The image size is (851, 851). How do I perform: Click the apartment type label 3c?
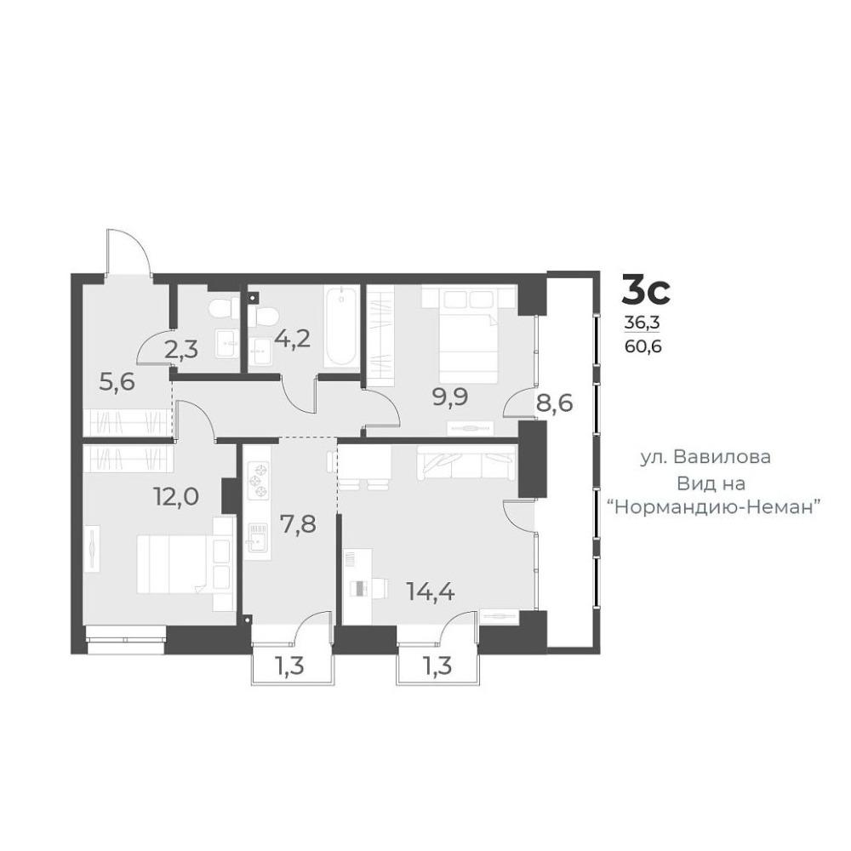coord(646,290)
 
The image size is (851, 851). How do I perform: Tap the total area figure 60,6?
coord(643,346)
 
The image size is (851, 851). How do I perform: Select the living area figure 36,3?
coord(642,323)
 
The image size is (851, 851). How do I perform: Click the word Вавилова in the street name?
coord(722,457)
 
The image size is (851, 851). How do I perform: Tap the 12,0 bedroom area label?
coord(176,497)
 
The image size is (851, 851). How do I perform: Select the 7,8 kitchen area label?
coord(298,524)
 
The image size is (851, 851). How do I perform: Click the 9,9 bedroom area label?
coord(450,397)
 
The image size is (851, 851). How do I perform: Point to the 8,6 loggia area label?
coord(555,403)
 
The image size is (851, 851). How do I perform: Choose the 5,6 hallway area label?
coord(117,383)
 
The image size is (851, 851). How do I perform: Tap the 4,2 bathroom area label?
coord(292,339)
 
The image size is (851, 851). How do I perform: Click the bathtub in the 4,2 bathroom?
coord(341,326)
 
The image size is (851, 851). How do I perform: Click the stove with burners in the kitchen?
coord(259,481)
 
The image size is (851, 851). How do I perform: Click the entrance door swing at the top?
coord(129,253)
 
